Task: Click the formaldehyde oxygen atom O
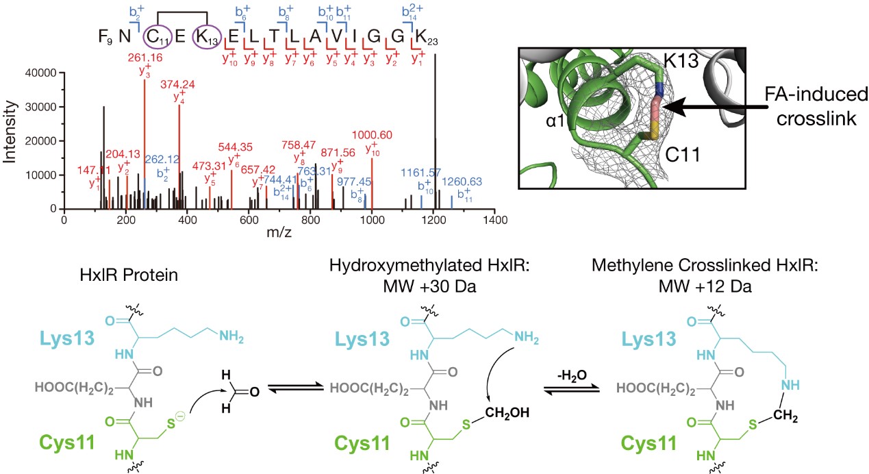[255, 392]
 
